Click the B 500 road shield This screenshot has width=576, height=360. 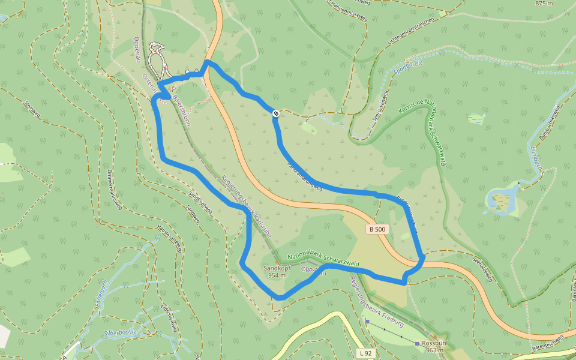click(x=377, y=229)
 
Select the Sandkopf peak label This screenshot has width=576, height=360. click(x=277, y=268)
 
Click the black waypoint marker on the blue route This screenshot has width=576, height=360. click(x=275, y=113)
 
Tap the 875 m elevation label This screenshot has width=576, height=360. click(x=544, y=4)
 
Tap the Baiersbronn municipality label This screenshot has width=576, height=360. click(x=181, y=107)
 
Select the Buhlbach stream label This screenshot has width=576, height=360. click(x=536, y=158)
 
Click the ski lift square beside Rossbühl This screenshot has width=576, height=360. click(x=417, y=343)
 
